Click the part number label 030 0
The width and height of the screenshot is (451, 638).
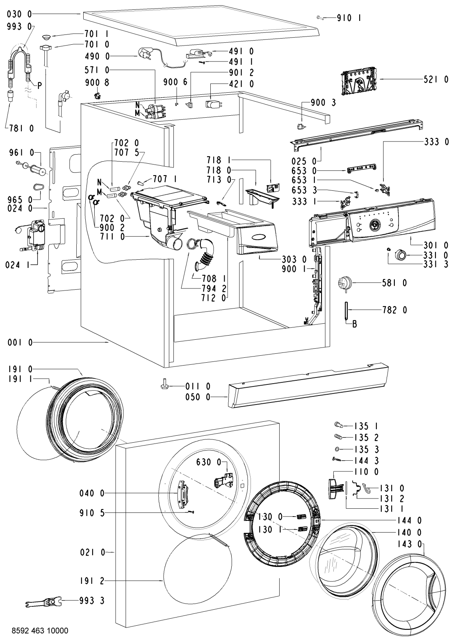pyautogui.click(x=20, y=14)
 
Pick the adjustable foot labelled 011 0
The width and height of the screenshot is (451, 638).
pyautogui.click(x=164, y=386)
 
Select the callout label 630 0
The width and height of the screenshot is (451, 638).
pyautogui.click(x=212, y=463)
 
